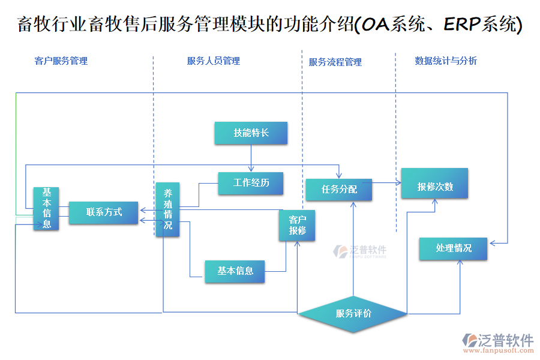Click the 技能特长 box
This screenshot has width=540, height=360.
coord(251,133)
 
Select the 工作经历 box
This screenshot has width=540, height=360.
coord(251,183)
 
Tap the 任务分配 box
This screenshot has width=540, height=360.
coord(339,190)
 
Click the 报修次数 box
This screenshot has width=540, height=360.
coord(435,187)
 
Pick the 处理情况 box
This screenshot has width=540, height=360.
coord(453,248)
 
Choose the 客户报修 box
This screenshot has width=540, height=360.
coord(297,225)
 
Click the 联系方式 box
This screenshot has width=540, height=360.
coord(104,212)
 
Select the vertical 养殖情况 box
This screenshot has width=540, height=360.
coord(168,209)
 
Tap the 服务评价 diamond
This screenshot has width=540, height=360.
coord(353,314)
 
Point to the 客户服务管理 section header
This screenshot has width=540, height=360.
coord(61,61)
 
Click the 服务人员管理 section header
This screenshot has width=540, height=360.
coord(214,61)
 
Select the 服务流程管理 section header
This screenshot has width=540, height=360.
coord(335,62)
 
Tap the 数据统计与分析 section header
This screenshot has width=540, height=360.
coord(446,61)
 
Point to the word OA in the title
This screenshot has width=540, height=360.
coord(374,25)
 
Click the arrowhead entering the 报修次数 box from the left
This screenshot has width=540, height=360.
coord(398,182)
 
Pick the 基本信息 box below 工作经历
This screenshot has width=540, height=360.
coord(235,271)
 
